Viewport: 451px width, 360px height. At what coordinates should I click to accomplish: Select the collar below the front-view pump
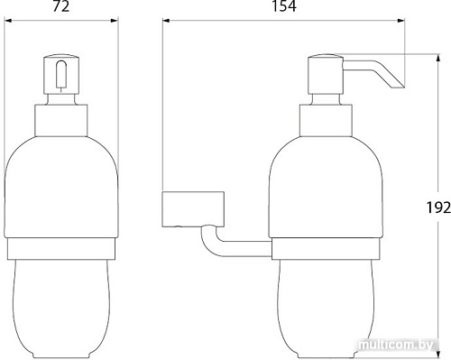pos(61,120)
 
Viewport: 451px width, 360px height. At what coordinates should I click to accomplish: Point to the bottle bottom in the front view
pos(61,302)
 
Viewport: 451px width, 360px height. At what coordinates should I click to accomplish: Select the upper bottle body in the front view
pos(61,185)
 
